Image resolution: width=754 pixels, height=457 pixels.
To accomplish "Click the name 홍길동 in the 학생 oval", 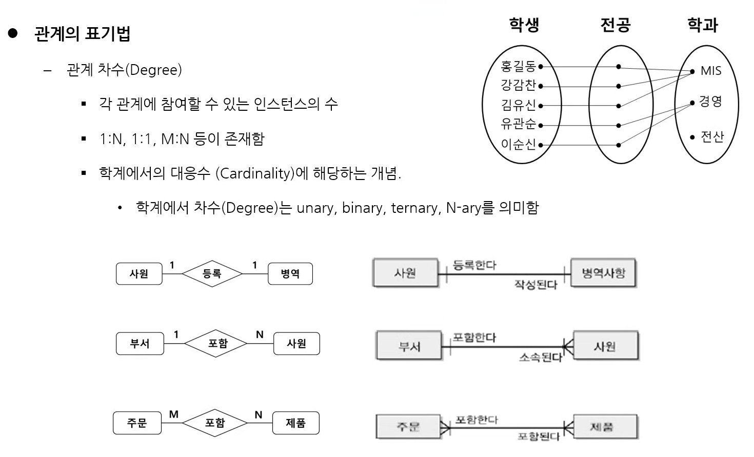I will click(518, 66).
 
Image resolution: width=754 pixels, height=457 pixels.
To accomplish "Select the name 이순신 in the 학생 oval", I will click(518, 145).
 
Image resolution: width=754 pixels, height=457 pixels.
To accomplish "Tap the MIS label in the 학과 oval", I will click(710, 71).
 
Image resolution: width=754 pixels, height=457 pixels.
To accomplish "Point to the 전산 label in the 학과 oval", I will click(712, 136).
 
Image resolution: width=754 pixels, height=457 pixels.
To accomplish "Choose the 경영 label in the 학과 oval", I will click(710, 102).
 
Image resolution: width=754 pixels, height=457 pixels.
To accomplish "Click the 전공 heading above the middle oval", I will click(615, 25).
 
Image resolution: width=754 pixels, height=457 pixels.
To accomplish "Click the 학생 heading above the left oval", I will click(524, 25).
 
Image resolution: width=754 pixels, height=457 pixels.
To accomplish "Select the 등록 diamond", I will click(212, 274).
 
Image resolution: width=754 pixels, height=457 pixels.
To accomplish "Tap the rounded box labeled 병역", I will click(290, 274).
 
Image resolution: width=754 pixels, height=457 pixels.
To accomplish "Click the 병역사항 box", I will click(603, 273).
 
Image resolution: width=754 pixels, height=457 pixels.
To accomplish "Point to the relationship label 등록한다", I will click(474, 265).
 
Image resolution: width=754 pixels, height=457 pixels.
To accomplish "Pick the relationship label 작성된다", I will click(535, 285).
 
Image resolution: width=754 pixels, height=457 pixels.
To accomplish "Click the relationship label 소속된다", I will click(540, 357).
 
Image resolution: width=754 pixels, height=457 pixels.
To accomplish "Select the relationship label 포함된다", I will click(538, 436).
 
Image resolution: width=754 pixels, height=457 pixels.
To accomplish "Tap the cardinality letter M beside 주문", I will click(174, 414).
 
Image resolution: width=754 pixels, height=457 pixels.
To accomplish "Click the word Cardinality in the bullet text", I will click(256, 174).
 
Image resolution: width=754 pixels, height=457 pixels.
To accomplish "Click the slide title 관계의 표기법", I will click(82, 34).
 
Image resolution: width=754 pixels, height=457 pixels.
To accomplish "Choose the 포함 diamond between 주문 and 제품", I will click(215, 423).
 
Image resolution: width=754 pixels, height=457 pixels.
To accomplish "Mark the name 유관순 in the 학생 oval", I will click(518, 124).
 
